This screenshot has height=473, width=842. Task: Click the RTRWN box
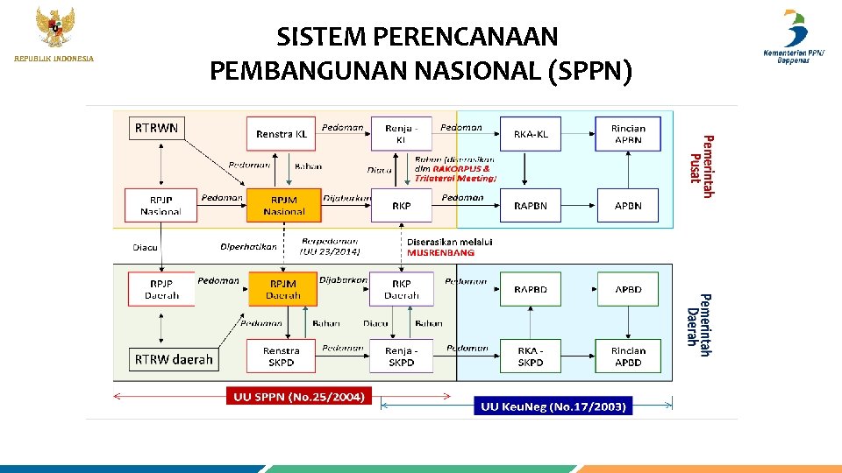[x=157, y=129]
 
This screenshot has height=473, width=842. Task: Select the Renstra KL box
[x=281, y=134]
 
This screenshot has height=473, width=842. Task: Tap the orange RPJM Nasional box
[x=283, y=206]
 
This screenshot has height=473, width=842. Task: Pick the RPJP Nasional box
[x=161, y=206]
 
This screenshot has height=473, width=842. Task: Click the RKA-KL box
[x=531, y=134]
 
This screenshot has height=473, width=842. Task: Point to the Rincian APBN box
[x=628, y=134]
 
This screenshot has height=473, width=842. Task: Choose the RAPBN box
[x=531, y=206]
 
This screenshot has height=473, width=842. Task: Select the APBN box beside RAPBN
[x=628, y=206]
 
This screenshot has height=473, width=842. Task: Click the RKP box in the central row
[x=402, y=206]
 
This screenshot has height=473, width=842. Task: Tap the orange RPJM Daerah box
[x=283, y=289]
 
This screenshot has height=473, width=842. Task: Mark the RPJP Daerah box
[x=161, y=289]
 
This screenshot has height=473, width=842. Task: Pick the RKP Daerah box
[x=402, y=289]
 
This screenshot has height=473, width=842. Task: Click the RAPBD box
[x=531, y=289]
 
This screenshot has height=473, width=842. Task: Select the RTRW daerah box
[x=174, y=359]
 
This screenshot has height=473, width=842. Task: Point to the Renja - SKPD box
[x=402, y=357]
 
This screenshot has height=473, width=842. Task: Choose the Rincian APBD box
[x=628, y=357]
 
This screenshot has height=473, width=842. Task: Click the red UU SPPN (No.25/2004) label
[x=299, y=398]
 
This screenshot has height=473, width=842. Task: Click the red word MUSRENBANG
[x=440, y=252]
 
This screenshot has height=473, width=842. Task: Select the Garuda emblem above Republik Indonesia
[x=54, y=26]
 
